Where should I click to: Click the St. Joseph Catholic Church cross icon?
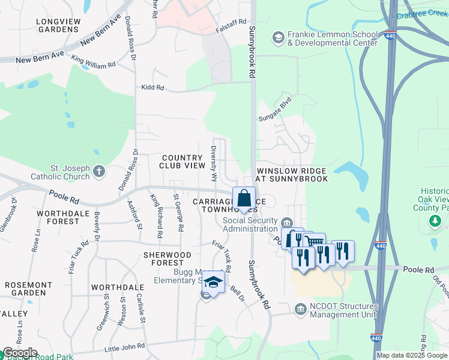[x=99, y=172]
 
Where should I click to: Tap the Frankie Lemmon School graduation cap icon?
[x=278, y=39]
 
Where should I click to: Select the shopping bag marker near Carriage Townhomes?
[x=244, y=198]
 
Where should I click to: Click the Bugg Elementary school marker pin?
[x=213, y=281]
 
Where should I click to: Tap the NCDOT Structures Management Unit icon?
[x=301, y=309]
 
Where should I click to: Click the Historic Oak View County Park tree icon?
[x=435, y=222]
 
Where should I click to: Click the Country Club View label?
[x=182, y=161]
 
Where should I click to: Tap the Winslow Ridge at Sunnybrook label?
[x=292, y=175]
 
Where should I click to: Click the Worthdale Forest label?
[x=58, y=217]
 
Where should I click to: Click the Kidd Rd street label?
[x=152, y=88]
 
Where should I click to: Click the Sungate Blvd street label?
[x=275, y=109]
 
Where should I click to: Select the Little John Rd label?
[x=125, y=347]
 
